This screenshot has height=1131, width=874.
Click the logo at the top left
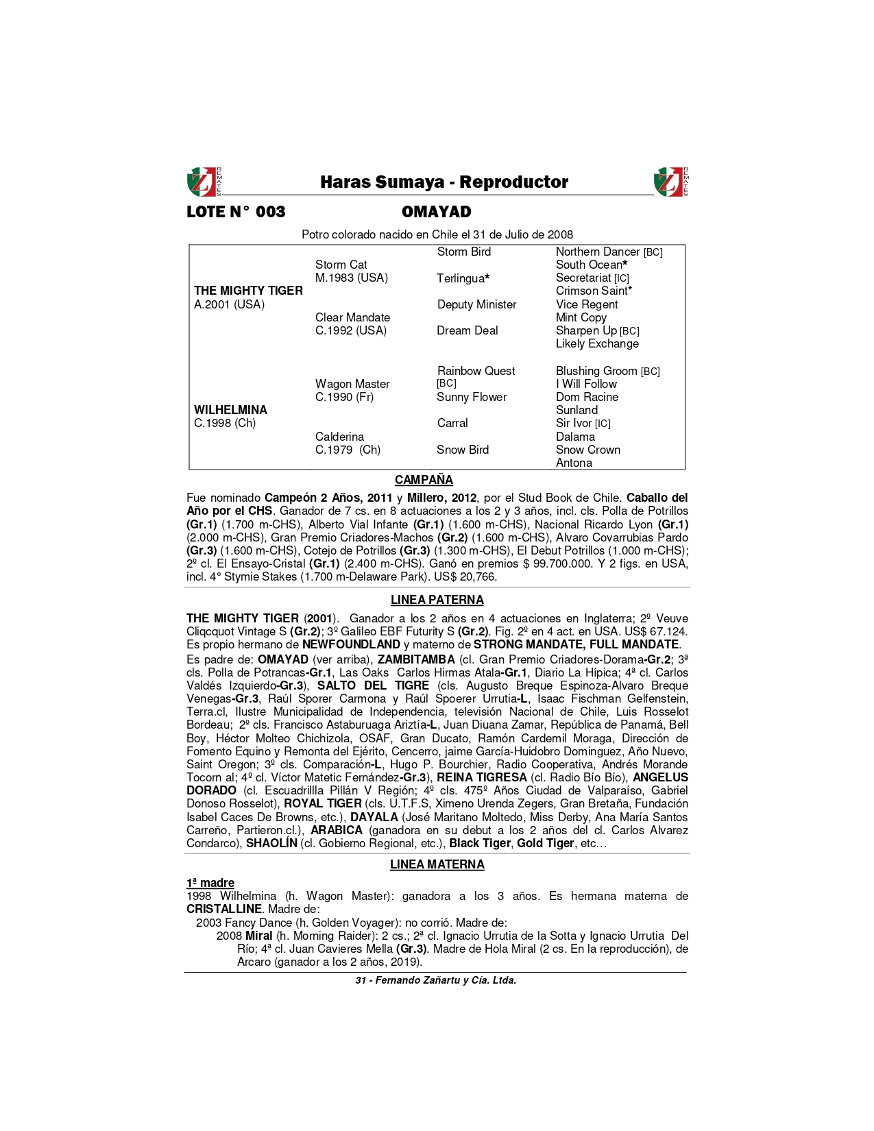204,182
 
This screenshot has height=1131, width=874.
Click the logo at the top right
670,182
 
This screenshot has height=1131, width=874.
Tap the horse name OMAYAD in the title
437,212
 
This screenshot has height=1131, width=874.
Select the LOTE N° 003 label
236,212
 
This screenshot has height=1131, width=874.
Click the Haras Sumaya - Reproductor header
444,182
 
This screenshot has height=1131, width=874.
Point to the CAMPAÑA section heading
424,480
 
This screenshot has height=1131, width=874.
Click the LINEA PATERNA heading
437,600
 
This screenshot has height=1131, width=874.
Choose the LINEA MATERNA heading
437,864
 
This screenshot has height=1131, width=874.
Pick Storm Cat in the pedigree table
341,265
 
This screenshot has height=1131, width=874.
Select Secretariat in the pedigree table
583,278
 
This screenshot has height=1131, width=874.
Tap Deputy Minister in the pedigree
476,304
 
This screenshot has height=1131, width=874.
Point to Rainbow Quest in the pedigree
476,371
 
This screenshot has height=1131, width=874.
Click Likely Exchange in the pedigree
597,343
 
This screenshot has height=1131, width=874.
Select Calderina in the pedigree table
339,437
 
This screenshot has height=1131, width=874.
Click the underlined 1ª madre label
210,883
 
